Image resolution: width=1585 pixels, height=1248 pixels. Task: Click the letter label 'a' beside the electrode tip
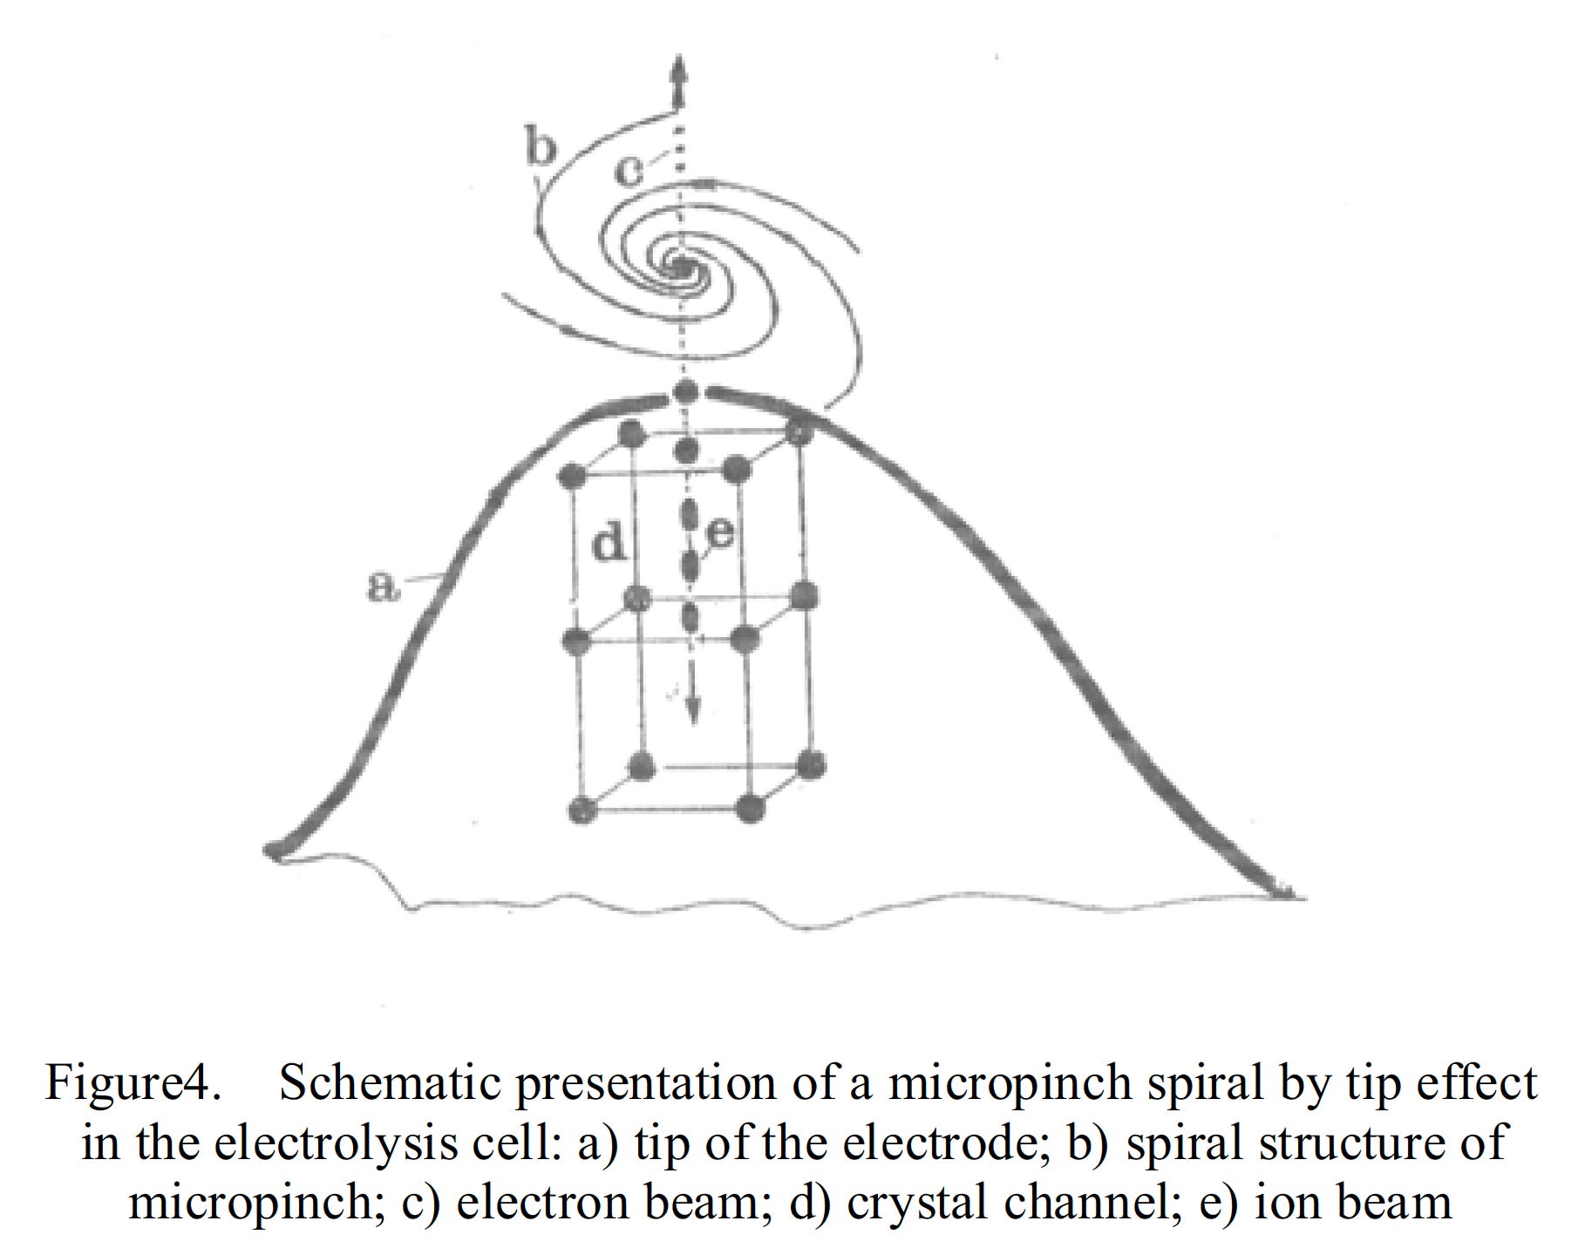click(379, 587)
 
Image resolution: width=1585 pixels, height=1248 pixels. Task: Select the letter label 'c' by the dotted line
click(628, 169)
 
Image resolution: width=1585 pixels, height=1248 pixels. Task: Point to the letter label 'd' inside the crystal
click(609, 544)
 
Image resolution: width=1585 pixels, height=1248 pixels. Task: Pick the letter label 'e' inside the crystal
click(720, 532)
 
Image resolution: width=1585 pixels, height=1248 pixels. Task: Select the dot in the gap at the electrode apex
click(688, 391)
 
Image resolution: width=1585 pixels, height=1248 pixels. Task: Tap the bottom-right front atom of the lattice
click(749, 808)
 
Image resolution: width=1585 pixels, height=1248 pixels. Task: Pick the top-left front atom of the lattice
click(572, 476)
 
